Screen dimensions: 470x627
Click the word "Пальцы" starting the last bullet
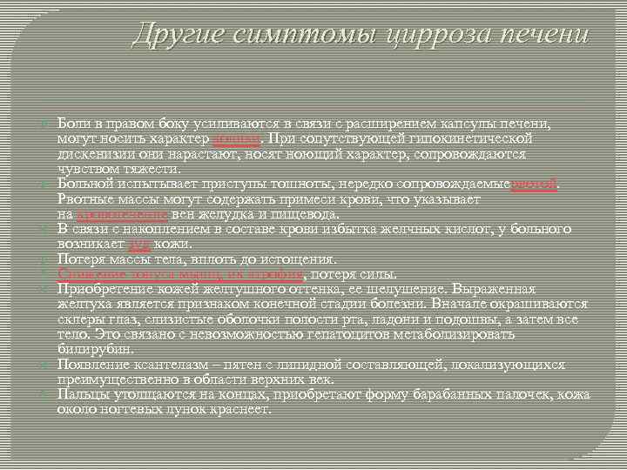pyautogui.click(x=82, y=393)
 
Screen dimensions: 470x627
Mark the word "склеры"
pyautogui.click(x=78, y=319)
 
